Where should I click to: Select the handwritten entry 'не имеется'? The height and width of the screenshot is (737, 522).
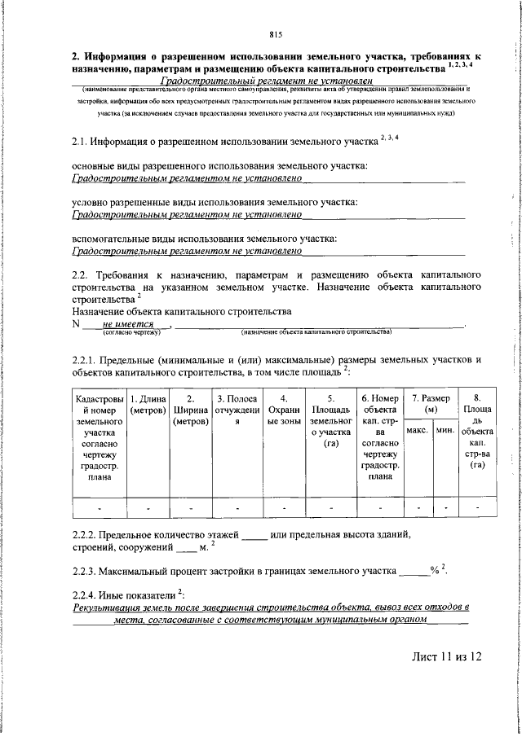point(129,322)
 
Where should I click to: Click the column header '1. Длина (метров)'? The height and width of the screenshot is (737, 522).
point(148,404)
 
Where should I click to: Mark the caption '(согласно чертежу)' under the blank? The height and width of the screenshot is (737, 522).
point(126,332)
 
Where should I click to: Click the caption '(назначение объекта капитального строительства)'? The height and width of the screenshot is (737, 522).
point(316,332)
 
